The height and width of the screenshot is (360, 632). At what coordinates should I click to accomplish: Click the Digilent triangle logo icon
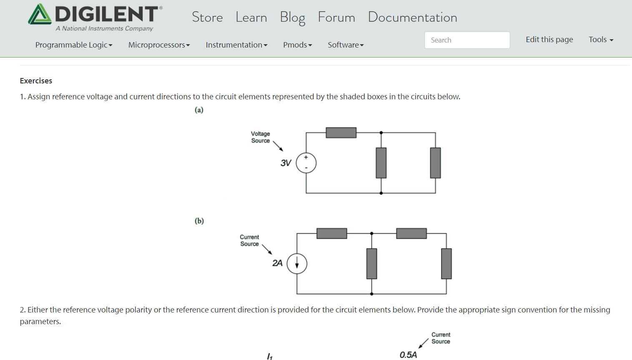[40, 15]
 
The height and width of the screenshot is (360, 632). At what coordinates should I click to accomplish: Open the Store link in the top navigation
[207, 18]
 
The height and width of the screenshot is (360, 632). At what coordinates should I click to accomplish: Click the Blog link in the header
[292, 18]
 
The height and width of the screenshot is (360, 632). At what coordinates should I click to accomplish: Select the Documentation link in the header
[412, 18]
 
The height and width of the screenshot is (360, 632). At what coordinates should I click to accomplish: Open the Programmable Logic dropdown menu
[74, 45]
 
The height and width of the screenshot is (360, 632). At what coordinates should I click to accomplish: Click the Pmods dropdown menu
[297, 45]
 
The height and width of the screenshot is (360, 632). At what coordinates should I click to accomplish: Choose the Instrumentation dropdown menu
[236, 45]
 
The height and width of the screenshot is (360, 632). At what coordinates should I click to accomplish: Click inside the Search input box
[467, 40]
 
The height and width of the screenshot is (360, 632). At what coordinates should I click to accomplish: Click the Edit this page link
[549, 40]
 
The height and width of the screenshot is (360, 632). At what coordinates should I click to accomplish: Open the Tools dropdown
[601, 40]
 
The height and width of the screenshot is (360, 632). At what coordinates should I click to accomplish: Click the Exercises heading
[36, 81]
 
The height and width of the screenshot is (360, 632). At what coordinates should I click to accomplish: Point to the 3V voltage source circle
[306, 163]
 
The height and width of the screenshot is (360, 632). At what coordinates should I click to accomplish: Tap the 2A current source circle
[297, 264]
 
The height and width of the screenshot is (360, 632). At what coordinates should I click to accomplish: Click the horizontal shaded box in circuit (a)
[341, 133]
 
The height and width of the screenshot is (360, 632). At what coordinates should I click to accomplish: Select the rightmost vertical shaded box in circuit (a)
[435, 163]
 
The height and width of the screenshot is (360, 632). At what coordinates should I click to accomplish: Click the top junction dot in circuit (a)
[381, 133]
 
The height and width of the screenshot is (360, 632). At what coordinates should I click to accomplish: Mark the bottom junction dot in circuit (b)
[371, 294]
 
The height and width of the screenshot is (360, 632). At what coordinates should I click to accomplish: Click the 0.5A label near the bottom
[408, 355]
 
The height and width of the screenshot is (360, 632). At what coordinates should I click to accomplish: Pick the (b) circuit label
[199, 221]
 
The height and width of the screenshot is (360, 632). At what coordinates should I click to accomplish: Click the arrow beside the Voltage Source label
[278, 146]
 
